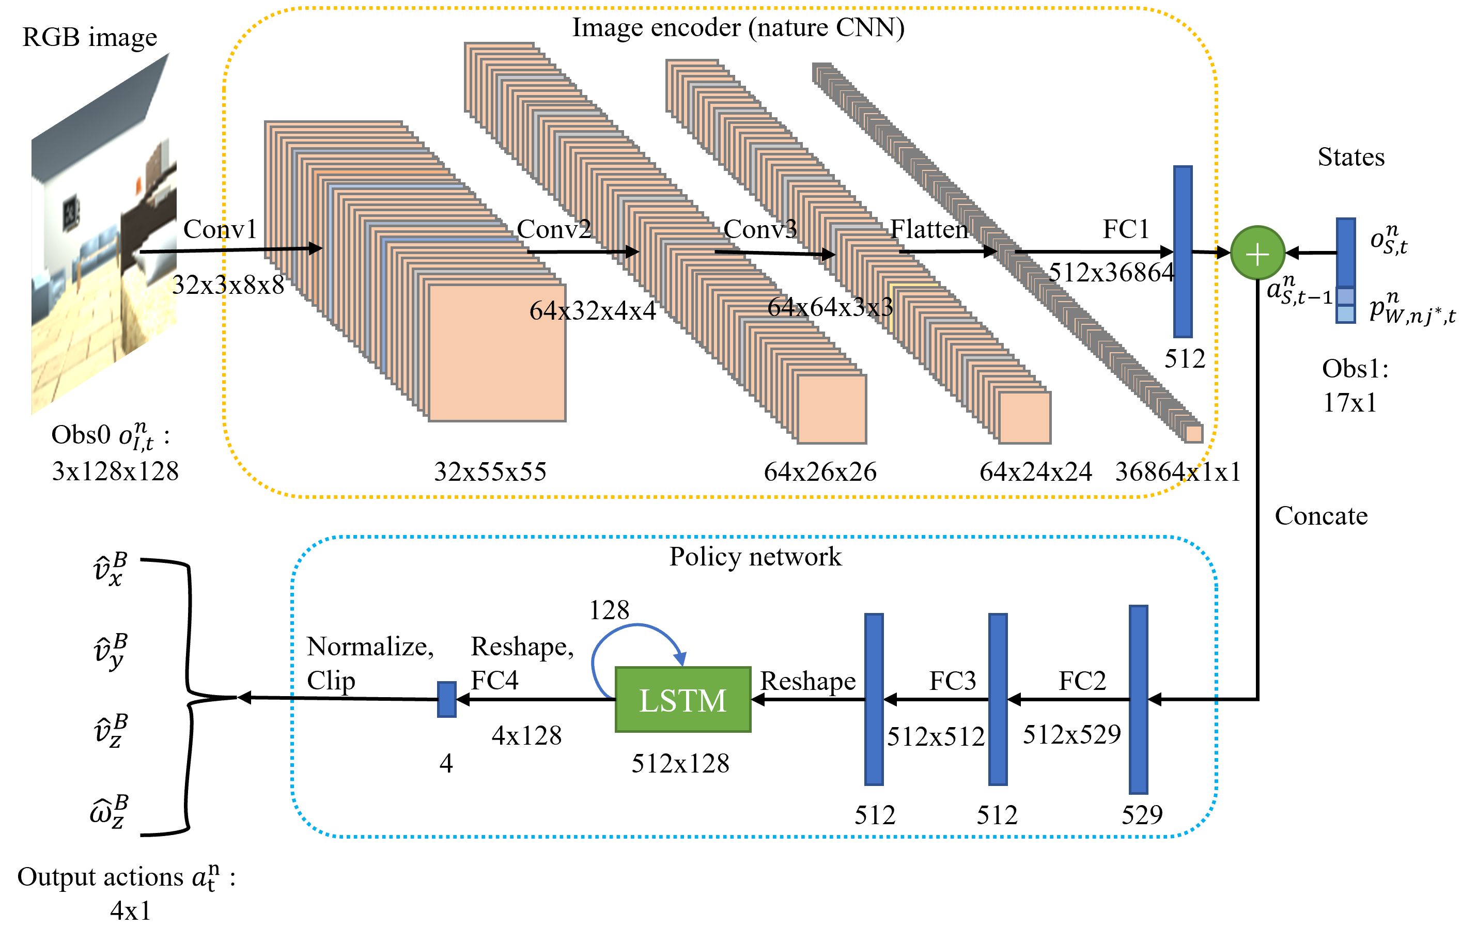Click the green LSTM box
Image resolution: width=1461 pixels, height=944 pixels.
(x=682, y=699)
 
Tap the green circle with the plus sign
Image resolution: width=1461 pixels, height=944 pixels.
(x=1257, y=253)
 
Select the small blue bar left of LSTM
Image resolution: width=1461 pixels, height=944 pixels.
(x=446, y=699)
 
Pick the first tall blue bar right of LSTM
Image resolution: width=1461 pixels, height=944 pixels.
(x=874, y=699)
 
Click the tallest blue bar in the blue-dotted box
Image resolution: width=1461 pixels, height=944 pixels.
(x=1138, y=699)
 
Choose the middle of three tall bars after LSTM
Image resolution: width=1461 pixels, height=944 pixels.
(x=998, y=699)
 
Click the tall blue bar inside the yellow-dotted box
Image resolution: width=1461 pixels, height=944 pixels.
(x=1183, y=251)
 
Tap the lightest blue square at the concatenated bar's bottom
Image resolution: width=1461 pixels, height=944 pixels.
(x=1345, y=314)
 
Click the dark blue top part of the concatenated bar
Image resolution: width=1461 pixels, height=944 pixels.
(x=1345, y=251)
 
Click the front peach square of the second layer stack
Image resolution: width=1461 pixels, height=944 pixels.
(x=831, y=409)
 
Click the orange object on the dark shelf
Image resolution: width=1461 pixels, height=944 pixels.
(x=138, y=184)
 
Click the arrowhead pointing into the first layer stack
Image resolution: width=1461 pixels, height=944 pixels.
(x=315, y=248)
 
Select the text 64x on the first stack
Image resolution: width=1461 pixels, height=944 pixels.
(x=548, y=311)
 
